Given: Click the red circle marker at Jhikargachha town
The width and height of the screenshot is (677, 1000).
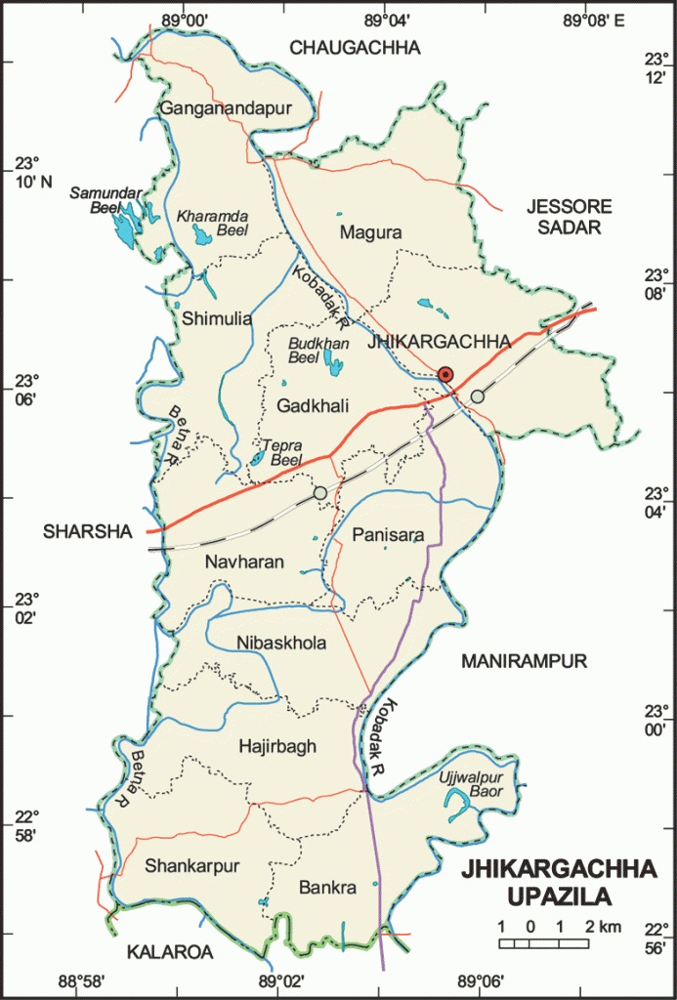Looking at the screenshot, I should tap(445, 374).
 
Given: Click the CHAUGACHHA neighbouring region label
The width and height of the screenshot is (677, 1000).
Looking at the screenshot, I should tap(355, 47).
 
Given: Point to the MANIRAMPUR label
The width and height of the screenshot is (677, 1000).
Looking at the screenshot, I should tap(524, 661).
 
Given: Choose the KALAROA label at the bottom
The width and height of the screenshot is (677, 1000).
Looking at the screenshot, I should tap(168, 952).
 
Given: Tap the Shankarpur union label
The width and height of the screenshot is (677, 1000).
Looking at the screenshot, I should tap(191, 865).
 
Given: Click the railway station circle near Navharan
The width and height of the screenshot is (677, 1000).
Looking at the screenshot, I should tap(320, 493).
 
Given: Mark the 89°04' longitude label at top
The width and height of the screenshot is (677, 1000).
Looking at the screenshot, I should tap(386, 18).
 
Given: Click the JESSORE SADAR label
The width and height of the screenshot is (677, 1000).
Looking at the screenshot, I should tap(569, 216).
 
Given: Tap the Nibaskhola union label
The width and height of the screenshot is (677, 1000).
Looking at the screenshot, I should tap(281, 643).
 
